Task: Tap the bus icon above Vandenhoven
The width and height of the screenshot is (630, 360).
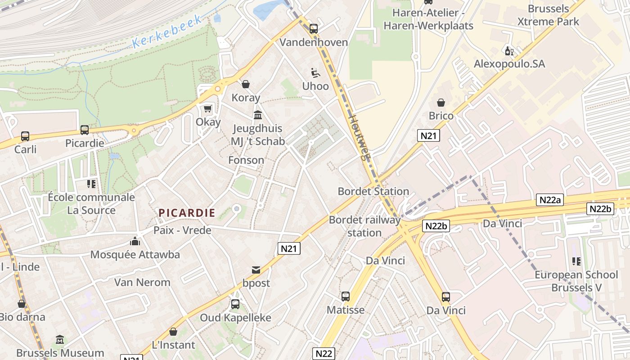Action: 314,29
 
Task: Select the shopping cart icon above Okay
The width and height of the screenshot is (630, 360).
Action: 207,108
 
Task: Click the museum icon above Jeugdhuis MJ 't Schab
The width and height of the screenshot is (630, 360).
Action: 258,115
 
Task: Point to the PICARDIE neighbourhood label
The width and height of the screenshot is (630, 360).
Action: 187,213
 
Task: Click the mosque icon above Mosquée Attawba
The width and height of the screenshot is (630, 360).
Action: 135,242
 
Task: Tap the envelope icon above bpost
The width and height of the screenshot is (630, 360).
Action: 256,270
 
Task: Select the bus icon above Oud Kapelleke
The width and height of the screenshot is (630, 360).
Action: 235,304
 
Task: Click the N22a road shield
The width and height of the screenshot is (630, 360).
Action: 549,200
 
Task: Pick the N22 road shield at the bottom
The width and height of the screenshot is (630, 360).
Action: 324,353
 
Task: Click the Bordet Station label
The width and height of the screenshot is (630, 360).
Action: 373,191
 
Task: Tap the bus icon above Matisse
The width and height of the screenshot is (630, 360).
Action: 345,297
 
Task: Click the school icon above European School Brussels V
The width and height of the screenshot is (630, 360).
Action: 576,261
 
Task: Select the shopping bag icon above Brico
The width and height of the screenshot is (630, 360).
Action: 441,103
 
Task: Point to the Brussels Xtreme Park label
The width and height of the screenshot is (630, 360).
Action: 548,15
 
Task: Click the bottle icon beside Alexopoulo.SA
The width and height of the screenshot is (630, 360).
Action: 509,51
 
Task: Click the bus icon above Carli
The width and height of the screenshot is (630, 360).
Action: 25,136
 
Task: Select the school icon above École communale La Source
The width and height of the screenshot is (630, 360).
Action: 91,184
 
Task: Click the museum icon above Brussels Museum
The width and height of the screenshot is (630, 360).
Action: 60,340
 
